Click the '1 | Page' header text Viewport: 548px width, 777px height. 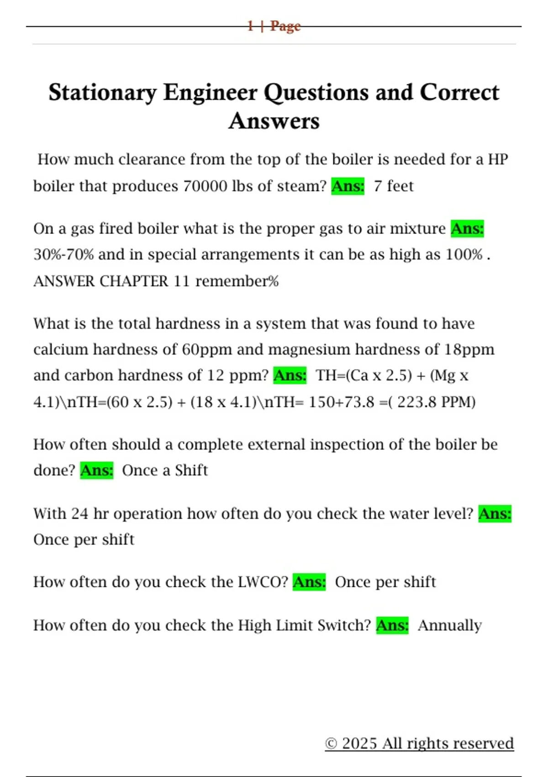[x=274, y=26]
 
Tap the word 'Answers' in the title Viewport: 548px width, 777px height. [x=274, y=121]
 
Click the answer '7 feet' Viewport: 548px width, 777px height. [x=393, y=186]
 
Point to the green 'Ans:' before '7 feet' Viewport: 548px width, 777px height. [x=348, y=186]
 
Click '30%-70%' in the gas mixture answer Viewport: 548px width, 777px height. [x=63, y=255]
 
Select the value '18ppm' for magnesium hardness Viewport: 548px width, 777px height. [x=469, y=350]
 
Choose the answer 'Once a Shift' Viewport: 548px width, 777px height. [x=164, y=470]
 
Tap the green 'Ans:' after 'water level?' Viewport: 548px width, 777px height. [x=495, y=514]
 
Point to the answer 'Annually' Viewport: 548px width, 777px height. [x=449, y=625]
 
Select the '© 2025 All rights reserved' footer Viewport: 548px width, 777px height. [x=419, y=744]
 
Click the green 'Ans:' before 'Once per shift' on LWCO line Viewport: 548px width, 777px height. [x=309, y=582]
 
